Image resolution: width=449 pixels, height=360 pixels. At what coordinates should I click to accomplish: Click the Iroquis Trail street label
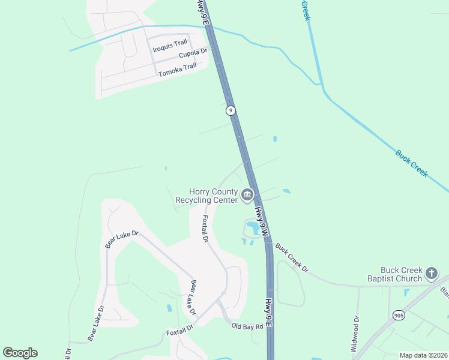pyautogui.click(x=170, y=44)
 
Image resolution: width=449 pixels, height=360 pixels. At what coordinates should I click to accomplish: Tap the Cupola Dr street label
pyautogui.click(x=193, y=54)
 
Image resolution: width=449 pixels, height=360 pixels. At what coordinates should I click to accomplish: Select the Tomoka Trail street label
pyautogui.click(x=177, y=70)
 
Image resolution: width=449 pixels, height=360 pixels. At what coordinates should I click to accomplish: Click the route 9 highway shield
pyautogui.click(x=231, y=110)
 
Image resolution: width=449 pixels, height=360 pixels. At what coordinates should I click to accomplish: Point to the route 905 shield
pyautogui.click(x=399, y=314)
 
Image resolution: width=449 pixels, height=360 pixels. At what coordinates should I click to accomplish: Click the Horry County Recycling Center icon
pyautogui.click(x=247, y=194)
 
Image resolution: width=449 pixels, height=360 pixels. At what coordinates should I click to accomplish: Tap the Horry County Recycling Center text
pyautogui.click(x=206, y=196)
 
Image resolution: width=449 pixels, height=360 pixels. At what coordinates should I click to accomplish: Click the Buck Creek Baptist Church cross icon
pyautogui.click(x=431, y=274)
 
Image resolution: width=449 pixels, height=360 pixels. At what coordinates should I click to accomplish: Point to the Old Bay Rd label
pyautogui.click(x=247, y=326)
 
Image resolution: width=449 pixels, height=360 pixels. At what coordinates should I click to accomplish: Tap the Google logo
pyautogui.click(x=20, y=353)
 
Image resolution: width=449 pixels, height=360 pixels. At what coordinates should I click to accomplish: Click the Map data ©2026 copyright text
pyautogui.click(x=423, y=355)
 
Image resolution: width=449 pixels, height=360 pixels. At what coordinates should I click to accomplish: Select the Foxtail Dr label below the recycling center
pyautogui.click(x=205, y=229)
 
